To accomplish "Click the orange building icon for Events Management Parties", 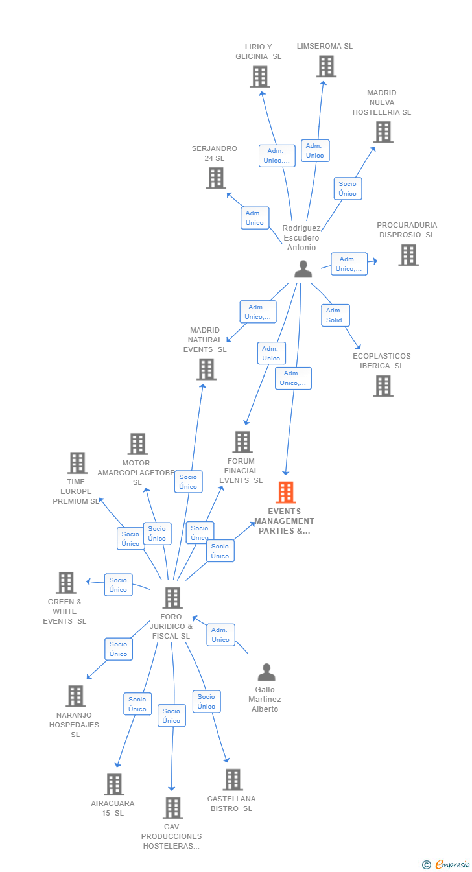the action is click(x=286, y=493).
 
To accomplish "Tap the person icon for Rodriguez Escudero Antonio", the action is click(x=303, y=269).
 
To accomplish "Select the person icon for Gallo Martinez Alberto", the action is click(x=266, y=672).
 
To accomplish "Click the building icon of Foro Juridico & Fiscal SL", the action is click(x=172, y=598).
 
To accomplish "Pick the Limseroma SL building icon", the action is click(x=326, y=66).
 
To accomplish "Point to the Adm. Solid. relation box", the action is click(x=335, y=315).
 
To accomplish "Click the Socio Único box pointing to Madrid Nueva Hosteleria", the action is click(x=348, y=189).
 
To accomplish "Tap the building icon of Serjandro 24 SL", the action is click(x=216, y=178).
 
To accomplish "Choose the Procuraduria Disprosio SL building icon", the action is click(x=408, y=255).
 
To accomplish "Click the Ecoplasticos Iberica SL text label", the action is click(x=382, y=361).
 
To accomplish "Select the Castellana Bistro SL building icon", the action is click(x=233, y=780).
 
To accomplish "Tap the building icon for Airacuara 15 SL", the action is click(x=114, y=784).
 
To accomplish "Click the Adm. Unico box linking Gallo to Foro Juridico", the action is click(x=221, y=635).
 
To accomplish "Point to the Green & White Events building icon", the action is click(x=66, y=583).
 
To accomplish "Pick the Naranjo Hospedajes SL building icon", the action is click(x=76, y=696).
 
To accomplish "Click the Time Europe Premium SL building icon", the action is click(x=77, y=463).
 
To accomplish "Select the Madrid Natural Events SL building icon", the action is click(x=206, y=369).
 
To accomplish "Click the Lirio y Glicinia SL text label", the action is click(x=258, y=51).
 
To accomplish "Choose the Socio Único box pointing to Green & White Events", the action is click(x=119, y=585).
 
